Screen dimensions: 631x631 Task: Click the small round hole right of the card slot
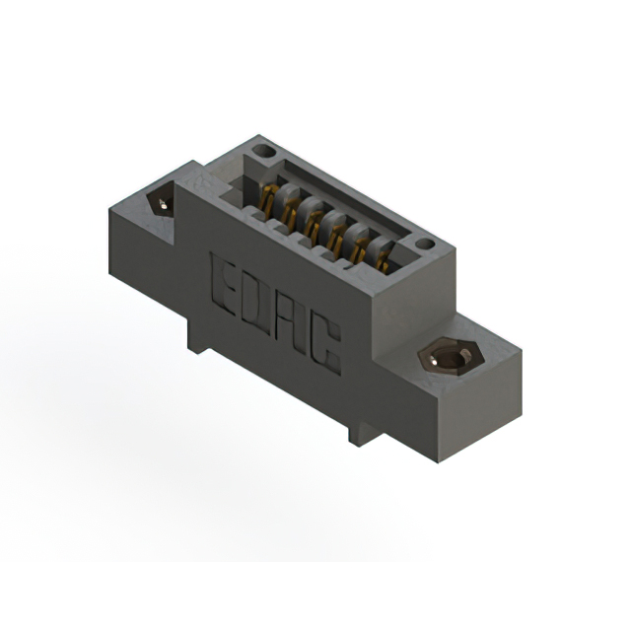tap(424, 244)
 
